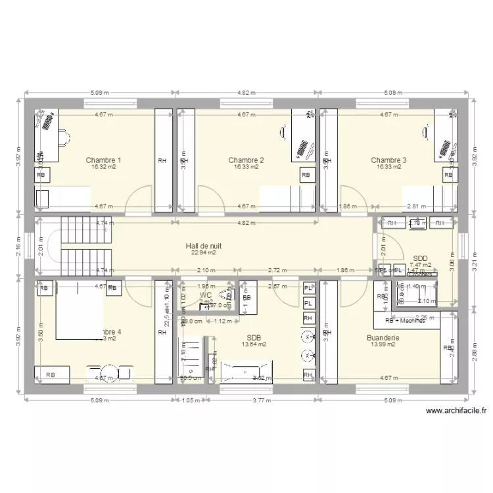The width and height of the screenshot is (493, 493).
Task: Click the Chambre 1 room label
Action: (x=103, y=160)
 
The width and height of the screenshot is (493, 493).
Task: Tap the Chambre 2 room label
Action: (x=246, y=160)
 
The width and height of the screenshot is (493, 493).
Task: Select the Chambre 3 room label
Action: (x=388, y=160)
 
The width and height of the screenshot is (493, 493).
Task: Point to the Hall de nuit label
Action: (x=203, y=245)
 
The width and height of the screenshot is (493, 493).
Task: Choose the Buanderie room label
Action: (x=385, y=338)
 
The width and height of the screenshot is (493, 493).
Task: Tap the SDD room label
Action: (x=420, y=258)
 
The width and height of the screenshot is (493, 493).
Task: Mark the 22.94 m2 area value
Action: (x=203, y=252)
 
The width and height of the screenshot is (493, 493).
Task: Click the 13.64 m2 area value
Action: (x=254, y=344)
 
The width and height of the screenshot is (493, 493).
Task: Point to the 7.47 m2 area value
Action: (x=420, y=265)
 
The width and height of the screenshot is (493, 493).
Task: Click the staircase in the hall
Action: (x=74, y=246)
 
